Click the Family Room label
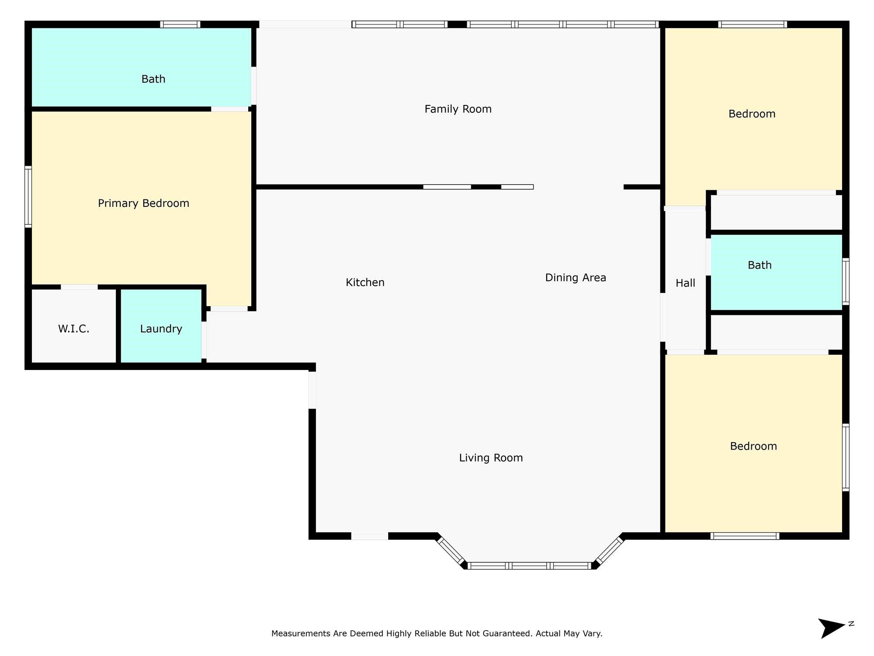[x=458, y=109]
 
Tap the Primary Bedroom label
[x=143, y=203]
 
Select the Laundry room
[x=161, y=326]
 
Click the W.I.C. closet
[x=74, y=326]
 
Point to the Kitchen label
[x=365, y=283]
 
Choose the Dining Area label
[x=576, y=278]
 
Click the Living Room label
[x=491, y=458]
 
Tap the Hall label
[x=685, y=283]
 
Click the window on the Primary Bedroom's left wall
[x=28, y=197]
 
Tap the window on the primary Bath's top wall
[x=180, y=24]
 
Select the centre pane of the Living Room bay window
[x=530, y=566]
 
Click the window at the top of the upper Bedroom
[x=753, y=24]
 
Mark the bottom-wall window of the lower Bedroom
[x=745, y=536]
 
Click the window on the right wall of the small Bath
[x=846, y=282]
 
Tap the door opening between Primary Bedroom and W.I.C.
[x=79, y=287]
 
